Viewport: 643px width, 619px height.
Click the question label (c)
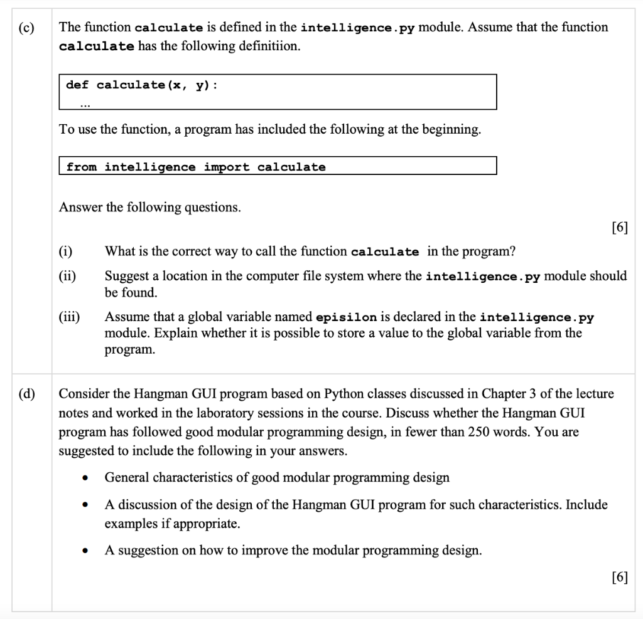(x=27, y=28)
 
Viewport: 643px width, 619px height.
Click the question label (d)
(x=27, y=394)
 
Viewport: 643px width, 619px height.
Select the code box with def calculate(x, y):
(x=278, y=92)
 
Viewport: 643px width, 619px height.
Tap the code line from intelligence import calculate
(x=196, y=167)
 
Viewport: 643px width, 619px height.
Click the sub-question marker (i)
(x=65, y=251)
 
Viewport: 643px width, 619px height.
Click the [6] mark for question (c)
(x=619, y=227)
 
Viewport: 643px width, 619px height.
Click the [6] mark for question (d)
(x=619, y=578)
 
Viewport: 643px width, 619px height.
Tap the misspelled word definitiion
(x=262, y=47)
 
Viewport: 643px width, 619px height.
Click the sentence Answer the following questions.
(x=149, y=207)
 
